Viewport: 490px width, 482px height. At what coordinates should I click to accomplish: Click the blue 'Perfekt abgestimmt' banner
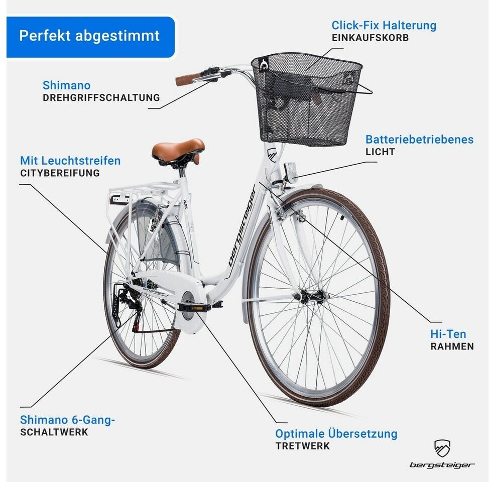pyautogui.click(x=90, y=37)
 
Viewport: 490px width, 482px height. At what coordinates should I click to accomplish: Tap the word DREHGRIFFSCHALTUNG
pyautogui.click(x=101, y=97)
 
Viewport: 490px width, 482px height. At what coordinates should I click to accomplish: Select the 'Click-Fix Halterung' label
pyautogui.click(x=384, y=25)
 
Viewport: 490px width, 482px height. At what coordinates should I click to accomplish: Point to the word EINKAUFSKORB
pyautogui.click(x=370, y=38)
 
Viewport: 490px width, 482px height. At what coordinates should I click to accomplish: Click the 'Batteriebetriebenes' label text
pyautogui.click(x=419, y=140)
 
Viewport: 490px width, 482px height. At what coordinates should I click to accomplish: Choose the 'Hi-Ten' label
pyautogui.click(x=448, y=334)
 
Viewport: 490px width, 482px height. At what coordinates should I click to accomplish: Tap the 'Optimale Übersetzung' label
pyautogui.click(x=336, y=434)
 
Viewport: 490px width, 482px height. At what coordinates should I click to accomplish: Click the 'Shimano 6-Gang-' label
pyautogui.click(x=67, y=420)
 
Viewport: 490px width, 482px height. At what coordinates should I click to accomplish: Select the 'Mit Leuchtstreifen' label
pyautogui.click(x=70, y=161)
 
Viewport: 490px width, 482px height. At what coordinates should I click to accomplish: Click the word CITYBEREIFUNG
pyautogui.click(x=60, y=173)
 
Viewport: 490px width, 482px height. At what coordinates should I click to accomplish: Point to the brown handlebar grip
pyautogui.click(x=188, y=79)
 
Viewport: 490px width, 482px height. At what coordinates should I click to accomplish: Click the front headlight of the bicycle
pyautogui.click(x=291, y=173)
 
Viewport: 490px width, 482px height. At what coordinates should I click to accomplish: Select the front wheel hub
pyautogui.click(x=313, y=296)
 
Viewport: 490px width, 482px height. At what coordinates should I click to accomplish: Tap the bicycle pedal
pyautogui.click(x=194, y=308)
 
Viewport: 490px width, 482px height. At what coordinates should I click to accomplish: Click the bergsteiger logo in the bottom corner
pyautogui.click(x=442, y=454)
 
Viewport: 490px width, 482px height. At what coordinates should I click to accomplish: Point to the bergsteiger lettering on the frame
pyautogui.click(x=242, y=225)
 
